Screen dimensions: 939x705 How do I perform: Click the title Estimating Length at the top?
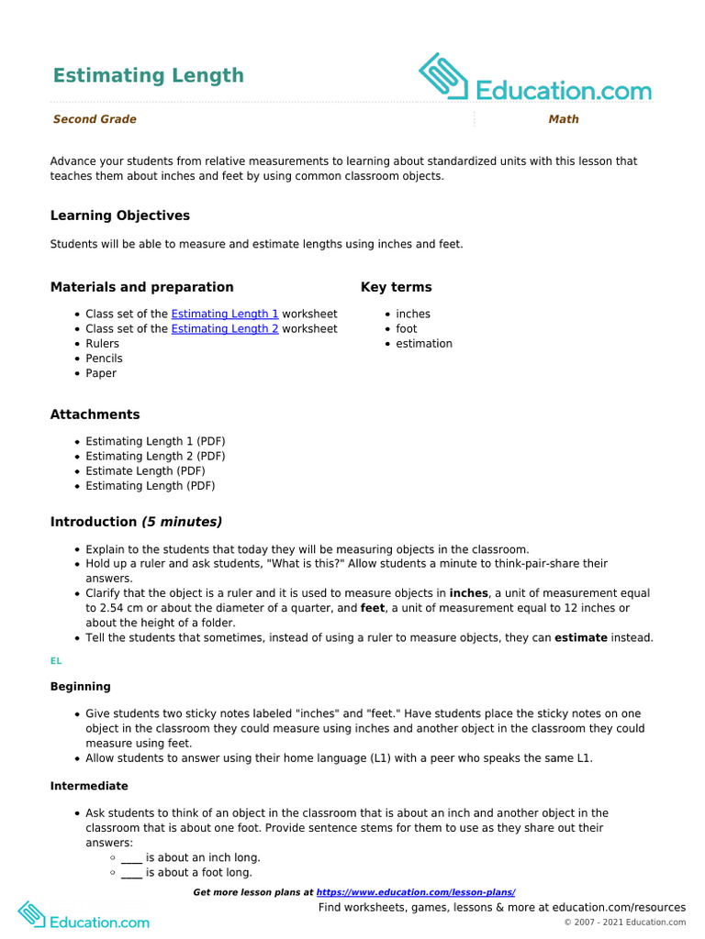148,75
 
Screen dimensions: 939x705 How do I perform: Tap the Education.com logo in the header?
535,80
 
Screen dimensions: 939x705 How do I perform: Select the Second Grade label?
95,119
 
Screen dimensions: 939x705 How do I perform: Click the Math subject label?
564,119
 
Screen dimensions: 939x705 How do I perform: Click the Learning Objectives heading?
120,215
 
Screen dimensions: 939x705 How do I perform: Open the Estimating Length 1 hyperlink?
225,314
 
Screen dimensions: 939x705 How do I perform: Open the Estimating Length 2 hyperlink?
225,328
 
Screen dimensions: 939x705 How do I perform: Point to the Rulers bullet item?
103,344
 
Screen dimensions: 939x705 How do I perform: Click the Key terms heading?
396,287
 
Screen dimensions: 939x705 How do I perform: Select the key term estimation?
424,344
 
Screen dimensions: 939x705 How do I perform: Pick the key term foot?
407,328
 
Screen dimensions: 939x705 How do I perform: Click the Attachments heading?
95,414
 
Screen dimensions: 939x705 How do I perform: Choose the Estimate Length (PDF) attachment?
145,470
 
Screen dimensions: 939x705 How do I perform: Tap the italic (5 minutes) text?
182,522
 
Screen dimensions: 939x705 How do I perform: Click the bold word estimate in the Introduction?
581,637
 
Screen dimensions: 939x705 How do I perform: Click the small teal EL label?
55,660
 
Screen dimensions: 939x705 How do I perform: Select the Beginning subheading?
81,686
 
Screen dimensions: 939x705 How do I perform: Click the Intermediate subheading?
89,786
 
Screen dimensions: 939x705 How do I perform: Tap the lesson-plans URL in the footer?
416,892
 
